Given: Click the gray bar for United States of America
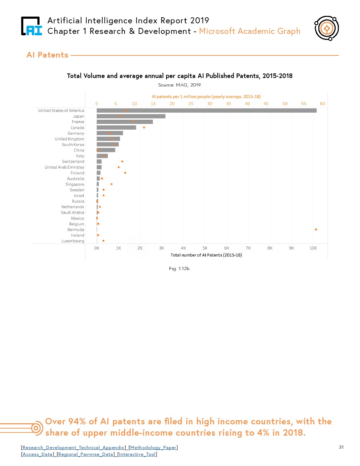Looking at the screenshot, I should pyautogui.click(x=206, y=110).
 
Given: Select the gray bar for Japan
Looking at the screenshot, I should pyautogui.click(x=131, y=116).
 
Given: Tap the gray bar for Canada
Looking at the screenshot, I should pyautogui.click(x=116, y=127).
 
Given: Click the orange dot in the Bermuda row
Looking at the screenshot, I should pyautogui.click(x=316, y=229).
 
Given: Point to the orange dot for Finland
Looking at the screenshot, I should pyautogui.click(x=125, y=173).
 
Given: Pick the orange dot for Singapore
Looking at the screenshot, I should pyautogui.click(x=112, y=184).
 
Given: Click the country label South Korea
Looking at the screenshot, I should pyautogui.click(x=73, y=144).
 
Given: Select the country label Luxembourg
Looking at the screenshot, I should pyautogui.click(x=73, y=241).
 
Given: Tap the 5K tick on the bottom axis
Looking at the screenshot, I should pyautogui.click(x=205, y=248).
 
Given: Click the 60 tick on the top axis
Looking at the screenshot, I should pyautogui.click(x=323, y=104).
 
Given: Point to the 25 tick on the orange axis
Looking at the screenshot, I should pyautogui.click(x=191, y=104).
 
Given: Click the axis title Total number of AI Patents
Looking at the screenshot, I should pyautogui.click(x=206, y=255).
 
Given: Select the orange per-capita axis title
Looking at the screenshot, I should pyautogui.click(x=206, y=96).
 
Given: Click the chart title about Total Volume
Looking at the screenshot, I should pyautogui.click(x=180, y=76).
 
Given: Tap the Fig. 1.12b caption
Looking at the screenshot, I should pyautogui.click(x=180, y=269).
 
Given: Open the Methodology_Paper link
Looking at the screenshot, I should pyautogui.click(x=153, y=448).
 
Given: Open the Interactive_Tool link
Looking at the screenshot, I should pyautogui.click(x=137, y=454).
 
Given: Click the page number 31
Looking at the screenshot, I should pyautogui.click(x=341, y=447).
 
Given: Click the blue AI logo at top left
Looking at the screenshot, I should pyautogui.click(x=32, y=26).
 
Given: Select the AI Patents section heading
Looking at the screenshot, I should pyautogui.click(x=47, y=55).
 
